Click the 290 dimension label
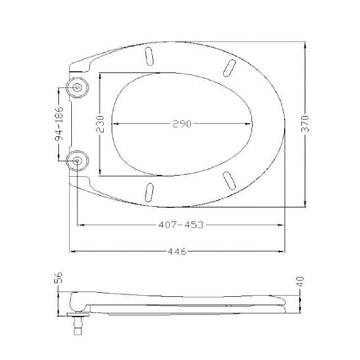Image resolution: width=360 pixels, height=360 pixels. coord(182,124)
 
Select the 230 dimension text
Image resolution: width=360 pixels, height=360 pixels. coord(100,124)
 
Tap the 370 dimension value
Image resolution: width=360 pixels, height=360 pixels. coord(305,124)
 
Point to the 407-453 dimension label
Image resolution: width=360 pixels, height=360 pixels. coord(181,225)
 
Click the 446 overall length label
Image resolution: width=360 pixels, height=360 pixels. coord(178,251)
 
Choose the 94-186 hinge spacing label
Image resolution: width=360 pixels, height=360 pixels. coord(59,124)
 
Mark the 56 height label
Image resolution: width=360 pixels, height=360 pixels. coord(58,278)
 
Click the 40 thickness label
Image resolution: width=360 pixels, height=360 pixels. coord(300,282)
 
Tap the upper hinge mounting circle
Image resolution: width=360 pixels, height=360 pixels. coord(77,87)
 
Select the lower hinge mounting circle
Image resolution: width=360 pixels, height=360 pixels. coord(77,161)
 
